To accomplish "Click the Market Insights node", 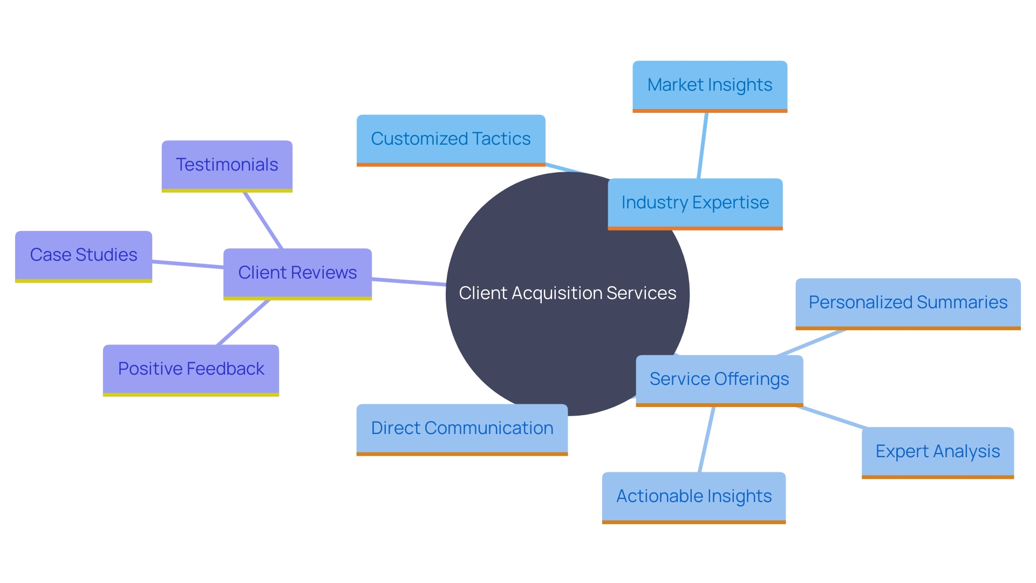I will (x=710, y=85).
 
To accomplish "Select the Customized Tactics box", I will (x=451, y=139).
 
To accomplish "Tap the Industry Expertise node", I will (x=695, y=203).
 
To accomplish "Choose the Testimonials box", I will (x=227, y=165).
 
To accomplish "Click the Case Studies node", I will (x=84, y=255).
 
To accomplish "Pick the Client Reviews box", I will (x=297, y=273).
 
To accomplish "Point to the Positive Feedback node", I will (x=190, y=369).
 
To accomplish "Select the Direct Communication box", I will (x=462, y=429).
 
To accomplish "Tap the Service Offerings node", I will (x=719, y=379).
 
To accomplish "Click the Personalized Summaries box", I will (x=908, y=303).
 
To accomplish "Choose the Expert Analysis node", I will (x=937, y=452).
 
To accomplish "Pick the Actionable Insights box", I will (x=693, y=497).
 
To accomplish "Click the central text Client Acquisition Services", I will (x=567, y=293).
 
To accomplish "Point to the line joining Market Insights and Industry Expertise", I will (x=703, y=145).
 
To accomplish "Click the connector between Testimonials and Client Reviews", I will (x=263, y=220).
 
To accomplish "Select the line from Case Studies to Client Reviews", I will (x=188, y=265).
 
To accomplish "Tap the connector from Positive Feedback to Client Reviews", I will (x=243, y=322).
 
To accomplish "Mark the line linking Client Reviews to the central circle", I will (x=408, y=282).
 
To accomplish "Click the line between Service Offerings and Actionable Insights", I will (x=706, y=439).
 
